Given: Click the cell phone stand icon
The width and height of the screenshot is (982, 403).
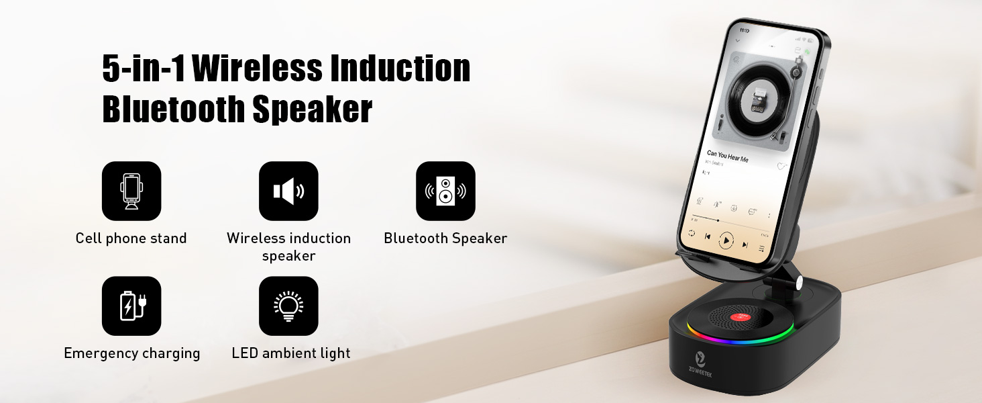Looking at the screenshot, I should (131, 191).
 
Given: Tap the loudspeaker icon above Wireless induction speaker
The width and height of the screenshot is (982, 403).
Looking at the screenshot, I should (288, 191).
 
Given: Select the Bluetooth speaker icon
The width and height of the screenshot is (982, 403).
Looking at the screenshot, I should (445, 191).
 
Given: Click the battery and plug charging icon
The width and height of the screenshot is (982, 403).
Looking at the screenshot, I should (131, 306).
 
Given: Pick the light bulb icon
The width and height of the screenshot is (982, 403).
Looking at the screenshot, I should (288, 306).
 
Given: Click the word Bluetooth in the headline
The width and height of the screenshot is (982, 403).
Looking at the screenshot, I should (172, 109).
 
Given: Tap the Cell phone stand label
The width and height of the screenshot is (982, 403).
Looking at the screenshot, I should (131, 238).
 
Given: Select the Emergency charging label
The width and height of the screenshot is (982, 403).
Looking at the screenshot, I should (131, 353).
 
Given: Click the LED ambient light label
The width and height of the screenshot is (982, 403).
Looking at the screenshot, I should (291, 353).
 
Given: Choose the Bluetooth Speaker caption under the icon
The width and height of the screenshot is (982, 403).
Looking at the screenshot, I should (445, 238).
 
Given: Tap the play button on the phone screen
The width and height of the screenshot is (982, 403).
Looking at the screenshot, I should (726, 240).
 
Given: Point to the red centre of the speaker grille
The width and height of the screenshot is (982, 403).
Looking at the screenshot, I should (740, 315).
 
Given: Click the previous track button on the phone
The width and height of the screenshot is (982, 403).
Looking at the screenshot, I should (708, 236).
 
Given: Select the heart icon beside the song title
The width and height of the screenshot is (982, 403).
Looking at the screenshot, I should (781, 166).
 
